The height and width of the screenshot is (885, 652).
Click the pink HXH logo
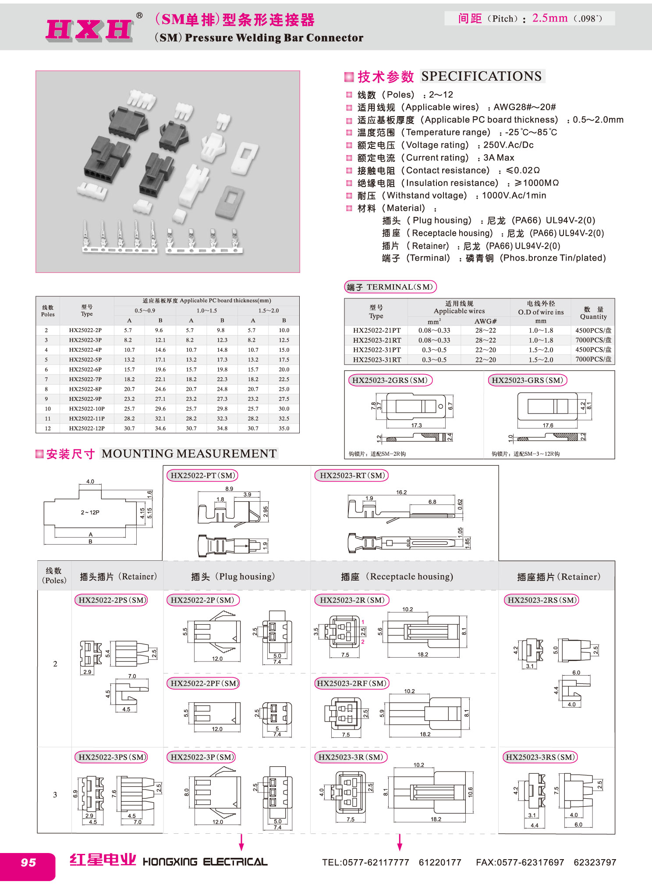89,30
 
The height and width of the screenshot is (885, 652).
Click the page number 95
28,862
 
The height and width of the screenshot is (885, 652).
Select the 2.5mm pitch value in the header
549,18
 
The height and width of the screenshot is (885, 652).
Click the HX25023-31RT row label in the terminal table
377,360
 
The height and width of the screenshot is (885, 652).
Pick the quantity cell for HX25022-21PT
593,330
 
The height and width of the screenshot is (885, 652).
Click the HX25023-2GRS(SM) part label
390,380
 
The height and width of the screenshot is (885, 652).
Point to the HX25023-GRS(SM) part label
527,380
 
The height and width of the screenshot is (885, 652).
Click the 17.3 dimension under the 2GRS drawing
416,425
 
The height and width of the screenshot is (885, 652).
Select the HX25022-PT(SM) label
203,475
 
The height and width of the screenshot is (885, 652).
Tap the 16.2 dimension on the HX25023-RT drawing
401,492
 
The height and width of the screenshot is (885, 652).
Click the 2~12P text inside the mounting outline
90,512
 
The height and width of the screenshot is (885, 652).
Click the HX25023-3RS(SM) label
540,757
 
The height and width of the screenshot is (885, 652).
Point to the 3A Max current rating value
499,158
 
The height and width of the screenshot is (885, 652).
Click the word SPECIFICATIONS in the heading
481,76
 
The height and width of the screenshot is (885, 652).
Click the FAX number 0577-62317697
520,862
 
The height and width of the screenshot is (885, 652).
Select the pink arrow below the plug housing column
241,842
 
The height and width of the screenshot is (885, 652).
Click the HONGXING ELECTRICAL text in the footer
205,862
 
